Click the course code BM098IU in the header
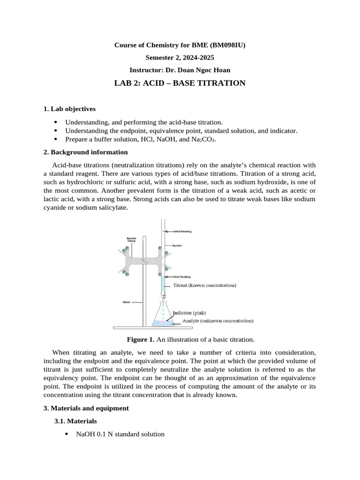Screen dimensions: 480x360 [227, 45]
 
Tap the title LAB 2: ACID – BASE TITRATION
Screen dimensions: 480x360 [180, 83]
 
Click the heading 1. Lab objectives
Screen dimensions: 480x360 [69, 109]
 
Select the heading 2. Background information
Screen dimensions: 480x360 [85, 152]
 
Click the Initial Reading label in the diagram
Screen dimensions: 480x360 [182, 231]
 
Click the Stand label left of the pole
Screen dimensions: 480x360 [126, 302]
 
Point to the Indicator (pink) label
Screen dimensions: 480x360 [189, 313]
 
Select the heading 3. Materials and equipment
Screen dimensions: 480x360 [86, 408]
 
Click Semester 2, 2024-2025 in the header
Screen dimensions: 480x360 [180, 58]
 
